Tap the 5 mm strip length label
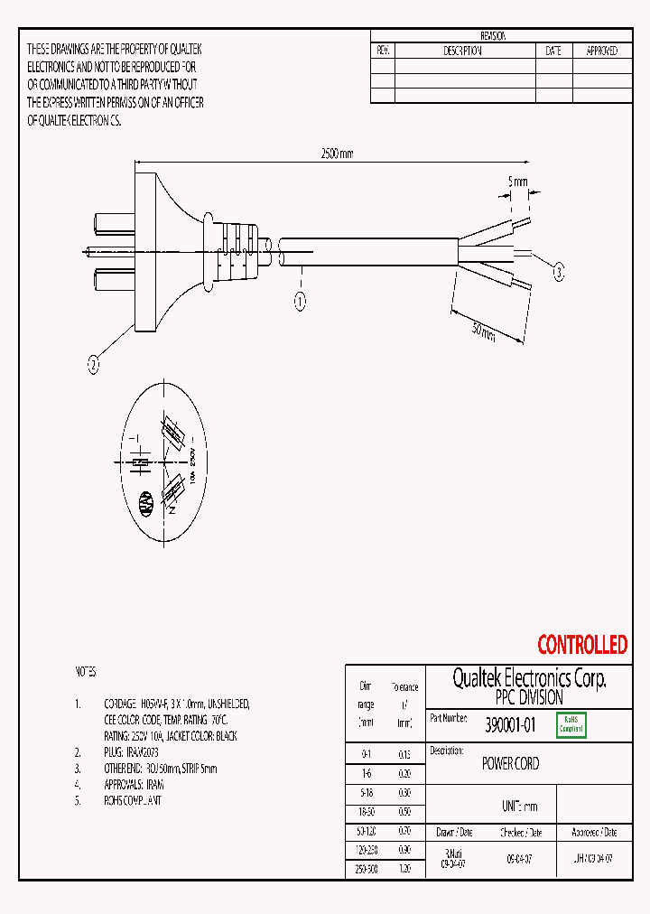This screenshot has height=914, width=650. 518,182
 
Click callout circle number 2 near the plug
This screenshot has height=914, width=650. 93,366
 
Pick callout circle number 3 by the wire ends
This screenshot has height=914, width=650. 559,272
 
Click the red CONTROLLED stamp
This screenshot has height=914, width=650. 581,645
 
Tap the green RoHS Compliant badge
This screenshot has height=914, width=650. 571,724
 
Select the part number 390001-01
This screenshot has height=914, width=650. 510,724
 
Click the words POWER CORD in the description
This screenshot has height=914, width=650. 510,764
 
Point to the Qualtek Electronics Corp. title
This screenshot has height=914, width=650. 529,679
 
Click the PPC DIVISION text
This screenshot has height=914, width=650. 529,698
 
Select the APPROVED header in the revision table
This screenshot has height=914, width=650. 601,51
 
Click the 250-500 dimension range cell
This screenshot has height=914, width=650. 366,867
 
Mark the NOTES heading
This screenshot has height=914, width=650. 85,673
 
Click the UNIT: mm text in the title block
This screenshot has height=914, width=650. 519,807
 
